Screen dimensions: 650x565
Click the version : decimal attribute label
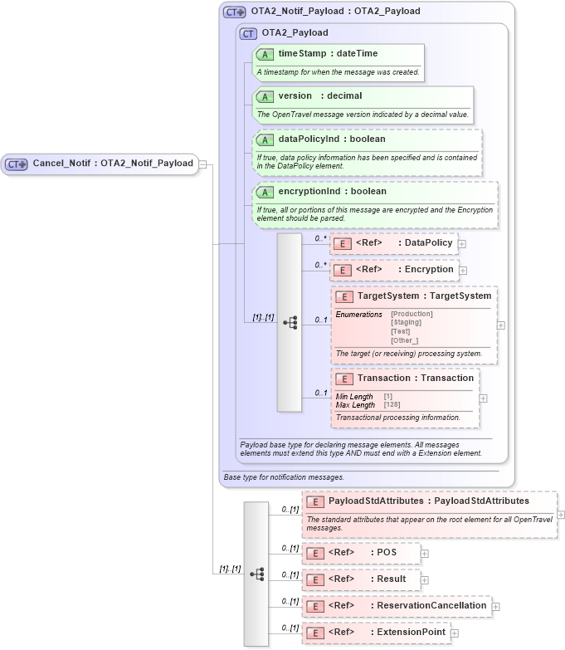pyautogui.click(x=319, y=96)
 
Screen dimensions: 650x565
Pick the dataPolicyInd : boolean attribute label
pyautogui.click(x=332, y=139)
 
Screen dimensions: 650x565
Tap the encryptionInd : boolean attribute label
pyautogui.click(x=332, y=192)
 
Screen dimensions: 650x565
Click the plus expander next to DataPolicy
pyautogui.click(x=462, y=244)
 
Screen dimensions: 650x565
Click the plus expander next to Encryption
pyautogui.click(x=463, y=271)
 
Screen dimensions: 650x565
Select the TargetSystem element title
pyautogui.click(x=424, y=296)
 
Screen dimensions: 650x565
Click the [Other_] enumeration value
pyautogui.click(x=405, y=340)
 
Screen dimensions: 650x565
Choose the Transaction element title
pyautogui.click(x=415, y=379)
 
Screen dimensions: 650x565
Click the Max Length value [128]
pyautogui.click(x=392, y=405)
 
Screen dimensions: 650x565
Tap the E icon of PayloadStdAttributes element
pyautogui.click(x=314, y=502)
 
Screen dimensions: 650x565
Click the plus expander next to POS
pyautogui.click(x=425, y=554)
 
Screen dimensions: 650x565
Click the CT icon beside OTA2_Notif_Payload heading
pyautogui.click(x=235, y=12)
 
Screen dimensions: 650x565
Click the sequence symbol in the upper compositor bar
pyautogui.click(x=290, y=322)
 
